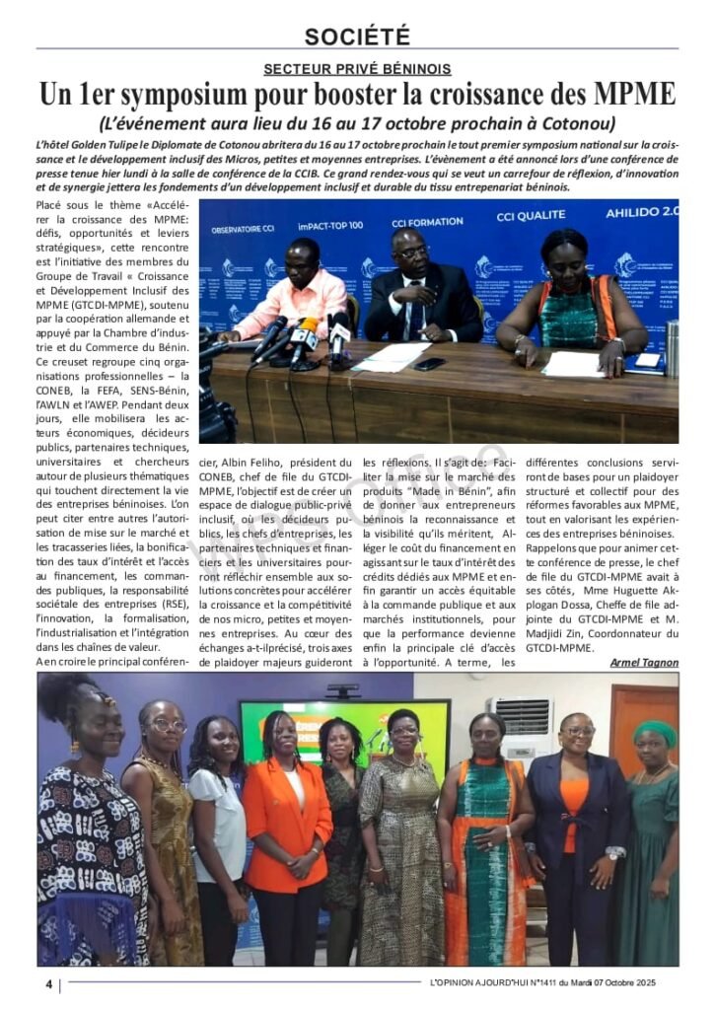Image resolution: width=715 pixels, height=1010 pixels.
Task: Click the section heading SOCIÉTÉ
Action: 357,36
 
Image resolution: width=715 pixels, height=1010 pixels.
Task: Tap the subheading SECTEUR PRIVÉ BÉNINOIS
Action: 357,69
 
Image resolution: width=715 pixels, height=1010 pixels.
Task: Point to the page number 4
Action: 47,984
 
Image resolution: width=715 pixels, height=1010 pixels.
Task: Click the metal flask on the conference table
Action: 670,348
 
